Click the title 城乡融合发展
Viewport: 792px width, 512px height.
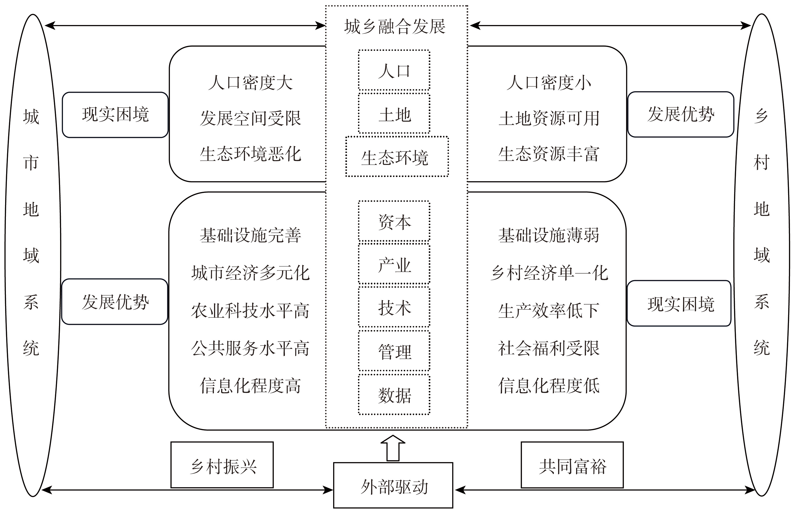tap(395, 27)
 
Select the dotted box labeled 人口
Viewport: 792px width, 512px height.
tap(394, 70)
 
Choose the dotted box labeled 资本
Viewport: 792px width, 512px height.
tap(394, 221)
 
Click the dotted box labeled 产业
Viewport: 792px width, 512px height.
tap(394, 265)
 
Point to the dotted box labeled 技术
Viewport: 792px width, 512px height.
tap(394, 307)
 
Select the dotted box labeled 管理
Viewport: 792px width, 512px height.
tap(394, 351)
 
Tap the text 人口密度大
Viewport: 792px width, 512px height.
tap(250, 82)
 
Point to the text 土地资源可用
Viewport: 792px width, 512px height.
tap(549, 118)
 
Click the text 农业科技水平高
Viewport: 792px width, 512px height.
tap(250, 311)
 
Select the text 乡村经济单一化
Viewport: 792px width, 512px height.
tap(549, 273)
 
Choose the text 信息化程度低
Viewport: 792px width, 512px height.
tap(549, 386)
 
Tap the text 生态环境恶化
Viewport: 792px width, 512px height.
tap(250, 154)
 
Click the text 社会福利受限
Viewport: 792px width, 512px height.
tap(549, 348)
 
